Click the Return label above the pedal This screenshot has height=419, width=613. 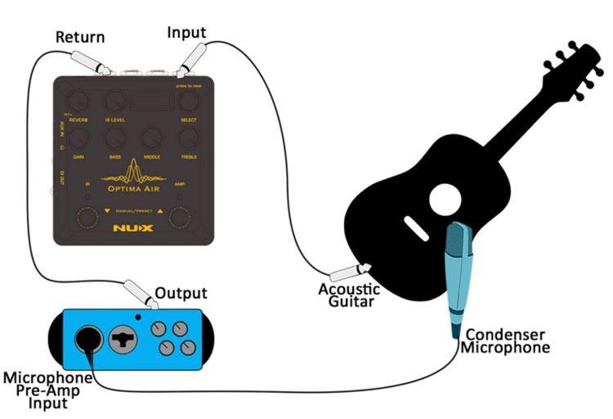tap(78, 37)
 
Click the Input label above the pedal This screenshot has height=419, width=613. tap(186, 32)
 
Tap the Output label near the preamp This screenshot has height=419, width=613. tap(181, 293)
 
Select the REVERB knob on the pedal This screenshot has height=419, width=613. tap(78, 101)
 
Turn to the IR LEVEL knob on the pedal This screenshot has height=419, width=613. tap(115, 101)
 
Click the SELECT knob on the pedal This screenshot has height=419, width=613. tap(189, 101)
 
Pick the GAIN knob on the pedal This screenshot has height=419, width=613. tap(78, 138)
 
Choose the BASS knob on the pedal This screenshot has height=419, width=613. tap(115, 138)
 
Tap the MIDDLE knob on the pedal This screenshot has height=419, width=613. tap(151, 138)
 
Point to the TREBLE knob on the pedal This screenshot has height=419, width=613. tap(189, 138)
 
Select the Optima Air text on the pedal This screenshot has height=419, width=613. tap(134, 187)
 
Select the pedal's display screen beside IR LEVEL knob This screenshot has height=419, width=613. tap(152, 99)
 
